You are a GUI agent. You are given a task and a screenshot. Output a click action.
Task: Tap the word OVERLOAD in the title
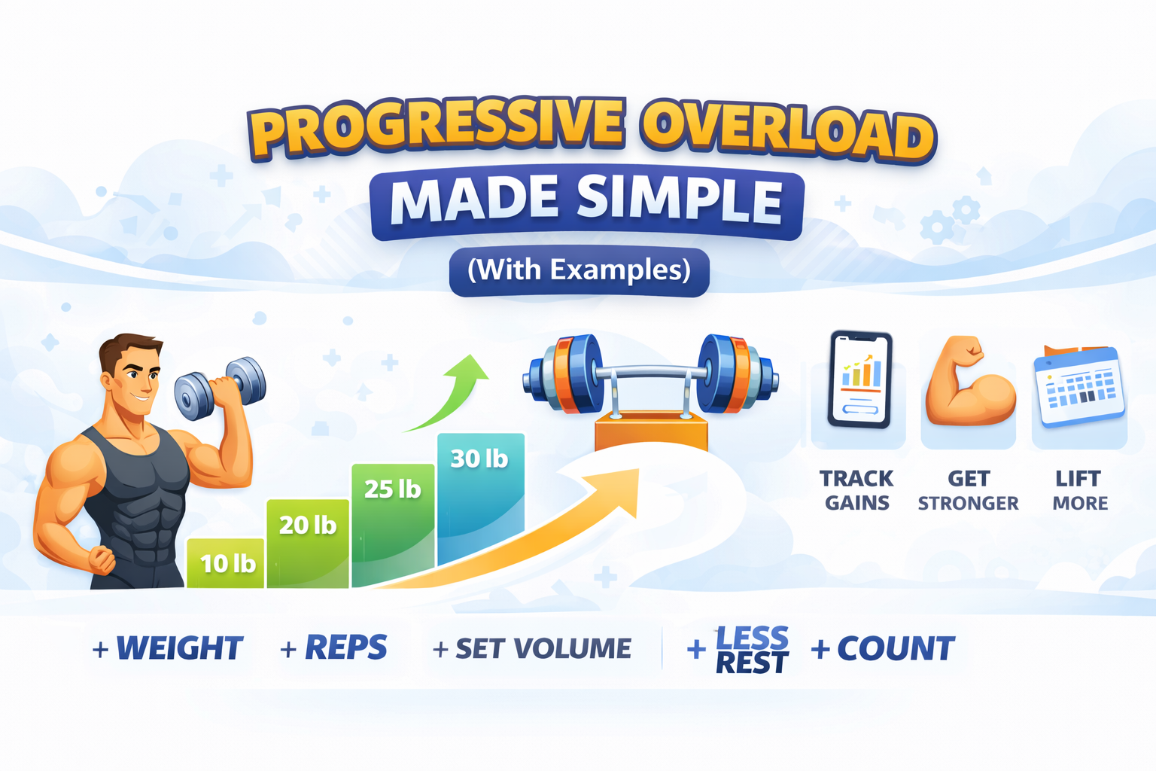coord(788,136)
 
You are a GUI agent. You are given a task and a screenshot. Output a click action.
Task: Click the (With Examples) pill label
coord(579,271)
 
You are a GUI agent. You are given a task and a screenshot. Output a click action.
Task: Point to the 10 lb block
coord(226,563)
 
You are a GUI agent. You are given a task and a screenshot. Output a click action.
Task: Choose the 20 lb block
coord(308,544)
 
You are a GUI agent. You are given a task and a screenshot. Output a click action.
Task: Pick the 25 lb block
coord(394,524)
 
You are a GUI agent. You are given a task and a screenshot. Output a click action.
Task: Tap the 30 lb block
coord(480,498)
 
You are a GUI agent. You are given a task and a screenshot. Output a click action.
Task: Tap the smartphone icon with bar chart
coord(859,379)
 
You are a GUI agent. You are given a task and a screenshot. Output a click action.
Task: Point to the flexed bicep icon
coord(969,380)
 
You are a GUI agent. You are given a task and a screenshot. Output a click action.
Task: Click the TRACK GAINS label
coord(856,490)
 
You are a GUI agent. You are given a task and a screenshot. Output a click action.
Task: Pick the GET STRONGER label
coord(968,490)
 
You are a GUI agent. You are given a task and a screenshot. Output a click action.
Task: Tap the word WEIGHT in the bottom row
coord(180,648)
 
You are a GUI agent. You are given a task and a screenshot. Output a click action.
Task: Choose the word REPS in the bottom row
coord(345,647)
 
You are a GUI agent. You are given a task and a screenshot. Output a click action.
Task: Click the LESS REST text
coord(752,649)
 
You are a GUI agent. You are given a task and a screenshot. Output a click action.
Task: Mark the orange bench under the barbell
coord(651,430)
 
